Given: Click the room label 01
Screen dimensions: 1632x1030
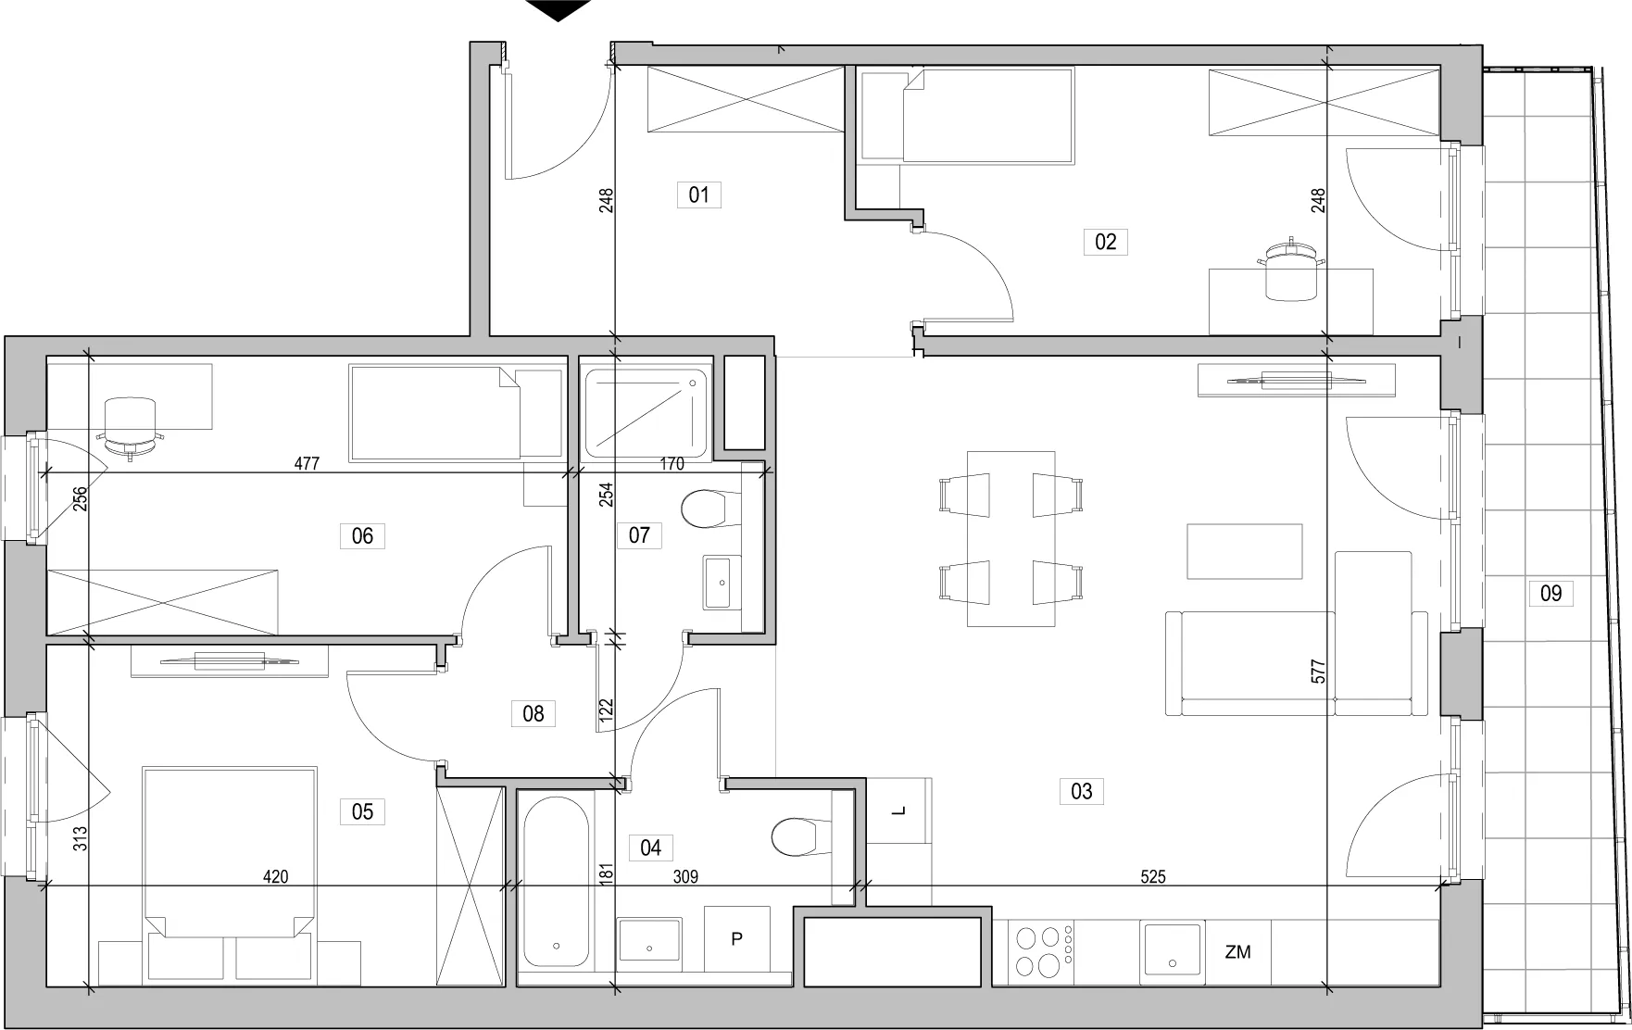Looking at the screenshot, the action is pos(698,195).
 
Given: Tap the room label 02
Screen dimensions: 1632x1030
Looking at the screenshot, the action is pos(1105,242).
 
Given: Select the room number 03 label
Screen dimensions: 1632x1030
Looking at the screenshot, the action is pos(1081,791).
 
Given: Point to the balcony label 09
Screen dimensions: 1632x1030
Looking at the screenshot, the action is pos(1550,593).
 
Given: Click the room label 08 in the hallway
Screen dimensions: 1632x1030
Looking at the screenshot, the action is pos(534,713).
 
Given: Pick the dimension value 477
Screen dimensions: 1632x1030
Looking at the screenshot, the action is pos(307,464).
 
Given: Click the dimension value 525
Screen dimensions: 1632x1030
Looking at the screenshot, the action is pos(1153,876).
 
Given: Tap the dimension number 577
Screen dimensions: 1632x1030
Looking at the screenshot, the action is pos(1319,672).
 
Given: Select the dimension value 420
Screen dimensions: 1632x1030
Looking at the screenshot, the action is pos(275,876).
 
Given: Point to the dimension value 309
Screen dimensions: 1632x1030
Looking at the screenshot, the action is pos(685,876).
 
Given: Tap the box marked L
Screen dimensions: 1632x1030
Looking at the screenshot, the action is pos(898,811).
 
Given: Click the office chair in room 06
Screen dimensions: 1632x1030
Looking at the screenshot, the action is pos(132,426).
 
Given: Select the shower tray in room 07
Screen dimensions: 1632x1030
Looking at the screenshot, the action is pos(647,413).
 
